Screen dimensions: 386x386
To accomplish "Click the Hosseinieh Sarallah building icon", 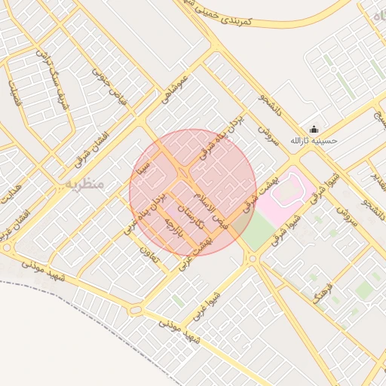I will pos(314,129).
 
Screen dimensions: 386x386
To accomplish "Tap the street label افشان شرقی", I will pos(91,149).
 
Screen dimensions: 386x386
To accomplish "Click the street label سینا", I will pos(143,166).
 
